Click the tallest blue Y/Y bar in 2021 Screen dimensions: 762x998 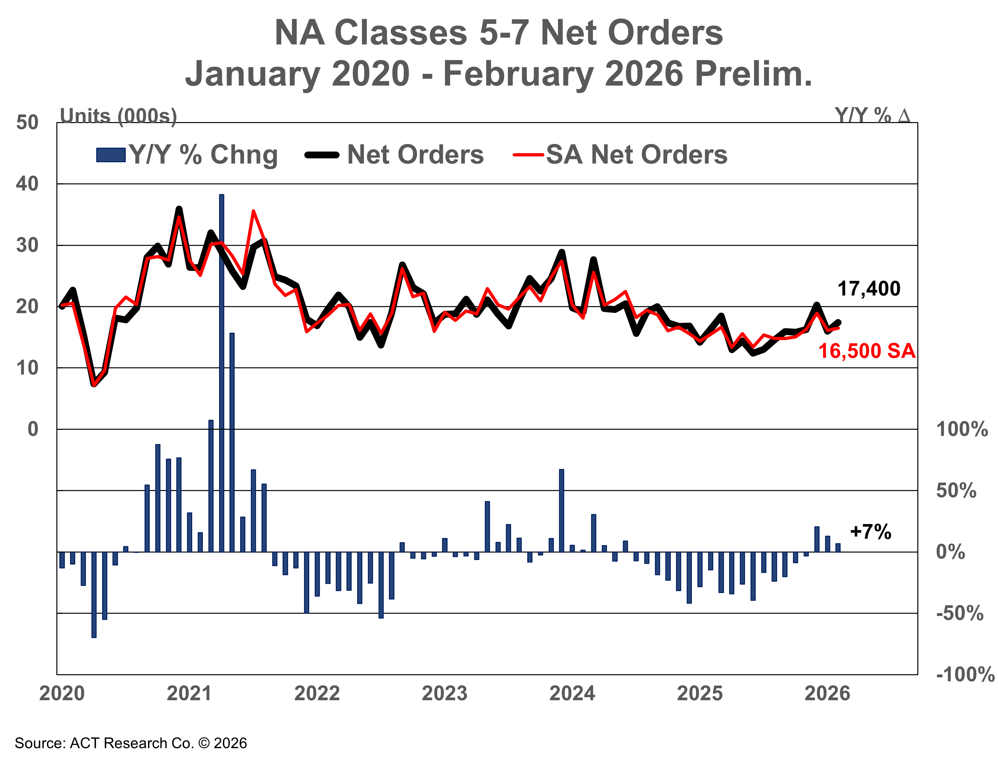(221, 372)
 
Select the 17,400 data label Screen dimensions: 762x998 (868, 289)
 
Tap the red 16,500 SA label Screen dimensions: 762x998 (866, 351)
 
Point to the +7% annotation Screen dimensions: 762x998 (870, 531)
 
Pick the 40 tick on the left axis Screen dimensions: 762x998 (27, 184)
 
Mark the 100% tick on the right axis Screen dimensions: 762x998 (961, 429)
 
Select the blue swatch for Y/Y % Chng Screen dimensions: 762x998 (111, 155)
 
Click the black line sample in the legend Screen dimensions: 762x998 (322, 155)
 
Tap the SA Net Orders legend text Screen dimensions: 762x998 (636, 155)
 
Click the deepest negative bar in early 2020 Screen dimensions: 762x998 (94, 594)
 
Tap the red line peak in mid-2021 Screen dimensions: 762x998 (253, 211)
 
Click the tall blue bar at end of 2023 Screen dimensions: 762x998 (562, 510)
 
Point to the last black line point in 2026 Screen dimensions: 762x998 (838, 322)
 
